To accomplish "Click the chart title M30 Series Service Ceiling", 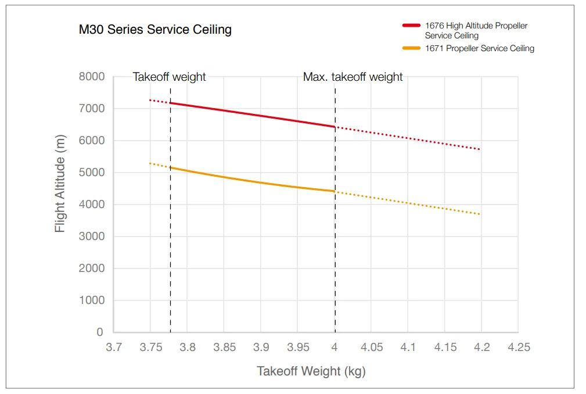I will tap(155, 30).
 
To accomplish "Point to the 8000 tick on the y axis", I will tap(92, 77).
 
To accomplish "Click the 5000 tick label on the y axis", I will tap(92, 173).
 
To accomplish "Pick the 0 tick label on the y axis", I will tap(99, 332).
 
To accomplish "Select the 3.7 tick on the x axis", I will tap(113, 348).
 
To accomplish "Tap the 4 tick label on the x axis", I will tap(335, 348).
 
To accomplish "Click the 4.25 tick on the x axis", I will tap(519, 348).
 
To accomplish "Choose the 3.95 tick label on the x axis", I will tap(297, 348).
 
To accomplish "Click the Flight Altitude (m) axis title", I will tap(60, 184).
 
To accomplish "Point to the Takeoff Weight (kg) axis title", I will tap(311, 371).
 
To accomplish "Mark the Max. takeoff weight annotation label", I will tap(353, 77).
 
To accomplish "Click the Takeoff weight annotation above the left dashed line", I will tap(169, 77).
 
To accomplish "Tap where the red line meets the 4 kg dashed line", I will tap(335, 127).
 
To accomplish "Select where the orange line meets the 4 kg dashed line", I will tap(335, 191).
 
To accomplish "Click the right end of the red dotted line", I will tap(480, 149).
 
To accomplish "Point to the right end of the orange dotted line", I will tap(480, 214).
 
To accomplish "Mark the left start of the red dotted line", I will tap(150, 100).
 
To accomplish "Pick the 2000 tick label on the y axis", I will tap(92, 268).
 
